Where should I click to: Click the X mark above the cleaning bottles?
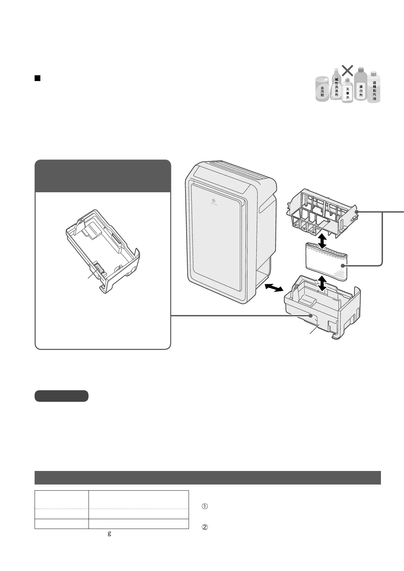pyautogui.click(x=347, y=71)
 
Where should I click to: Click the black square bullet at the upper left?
pyautogui.click(x=38, y=79)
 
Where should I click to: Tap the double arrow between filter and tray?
pyautogui.click(x=322, y=283)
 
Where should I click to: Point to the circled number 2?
pyautogui.click(x=205, y=528)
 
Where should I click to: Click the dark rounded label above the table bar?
pyautogui.click(x=61, y=396)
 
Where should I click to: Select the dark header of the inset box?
pyautogui.click(x=102, y=176)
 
